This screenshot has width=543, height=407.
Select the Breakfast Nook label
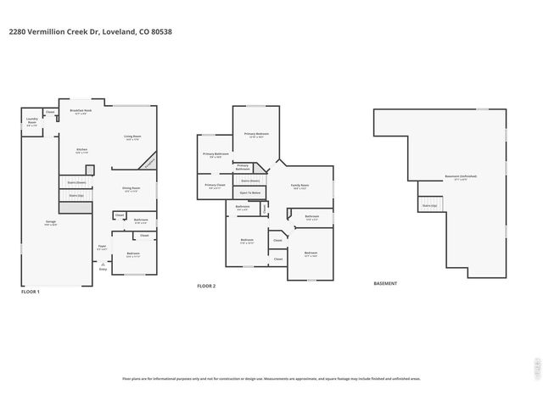click(81, 111)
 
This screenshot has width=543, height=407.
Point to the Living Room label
click(132, 137)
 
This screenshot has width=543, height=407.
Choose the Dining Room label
click(131, 189)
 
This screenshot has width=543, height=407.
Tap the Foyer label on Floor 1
click(102, 247)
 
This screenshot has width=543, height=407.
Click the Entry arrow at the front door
click(104, 267)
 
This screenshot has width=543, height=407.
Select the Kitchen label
click(81, 151)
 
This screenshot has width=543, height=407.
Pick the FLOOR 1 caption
click(31, 292)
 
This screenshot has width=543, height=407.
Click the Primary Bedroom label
click(256, 135)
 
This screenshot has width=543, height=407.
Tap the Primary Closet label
click(216, 186)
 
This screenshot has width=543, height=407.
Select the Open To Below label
click(249, 193)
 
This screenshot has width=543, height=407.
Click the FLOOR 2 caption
click(206, 287)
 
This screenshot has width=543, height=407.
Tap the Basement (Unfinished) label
click(461, 177)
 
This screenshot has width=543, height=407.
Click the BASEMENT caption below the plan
click(385, 283)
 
